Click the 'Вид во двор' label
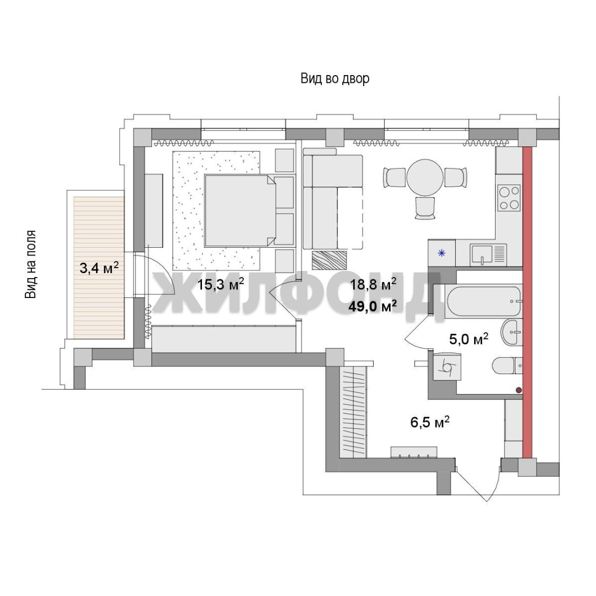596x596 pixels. point(335,79)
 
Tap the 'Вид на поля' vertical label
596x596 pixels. point(30,264)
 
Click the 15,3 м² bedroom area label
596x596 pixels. point(220,284)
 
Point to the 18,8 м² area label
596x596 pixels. point(373,284)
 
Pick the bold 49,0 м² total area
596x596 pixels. point(373,306)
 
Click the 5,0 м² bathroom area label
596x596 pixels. point(469,339)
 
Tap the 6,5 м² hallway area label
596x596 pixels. point(430,422)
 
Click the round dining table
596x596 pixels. point(425,177)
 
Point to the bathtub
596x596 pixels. point(483,302)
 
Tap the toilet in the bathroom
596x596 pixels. point(508,366)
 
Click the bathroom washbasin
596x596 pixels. point(512,332)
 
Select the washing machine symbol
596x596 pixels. point(448,366)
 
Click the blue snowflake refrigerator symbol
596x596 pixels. point(441,253)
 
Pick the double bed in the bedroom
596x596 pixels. point(240,211)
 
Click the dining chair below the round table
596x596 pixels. point(425,208)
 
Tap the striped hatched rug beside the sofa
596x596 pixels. point(329,260)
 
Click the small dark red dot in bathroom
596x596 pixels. point(518,390)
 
